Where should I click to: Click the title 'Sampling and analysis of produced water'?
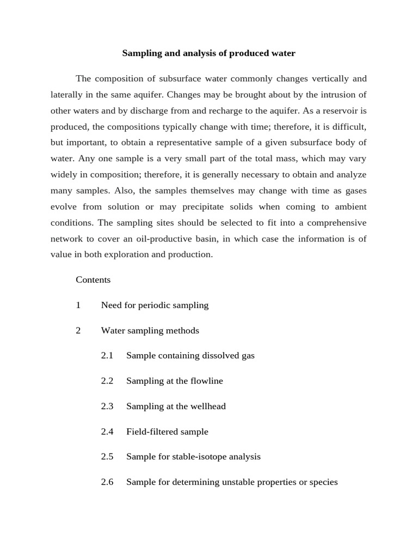point(208,53)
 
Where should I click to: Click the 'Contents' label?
point(93,280)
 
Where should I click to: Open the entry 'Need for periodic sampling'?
point(155,305)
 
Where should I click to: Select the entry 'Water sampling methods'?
point(150,331)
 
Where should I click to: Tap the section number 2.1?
point(107,356)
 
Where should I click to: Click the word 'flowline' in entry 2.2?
point(206,381)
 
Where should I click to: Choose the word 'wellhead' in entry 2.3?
point(208,407)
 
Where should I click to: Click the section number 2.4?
point(107,432)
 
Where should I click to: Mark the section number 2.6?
point(107,482)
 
